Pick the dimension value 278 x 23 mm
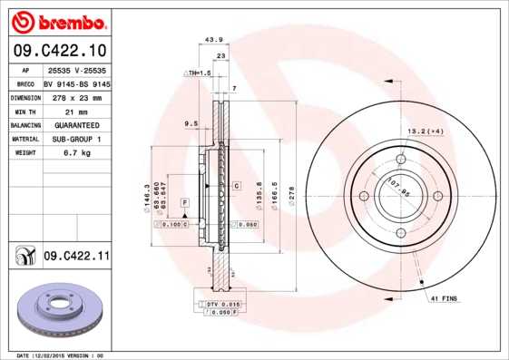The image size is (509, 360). pos(76,96)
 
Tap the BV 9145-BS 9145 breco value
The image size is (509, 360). pos(76,83)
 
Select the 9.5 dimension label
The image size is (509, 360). pos(191,122)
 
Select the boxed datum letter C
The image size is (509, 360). pos(236,185)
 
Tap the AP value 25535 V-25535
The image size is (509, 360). pos(76,69)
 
